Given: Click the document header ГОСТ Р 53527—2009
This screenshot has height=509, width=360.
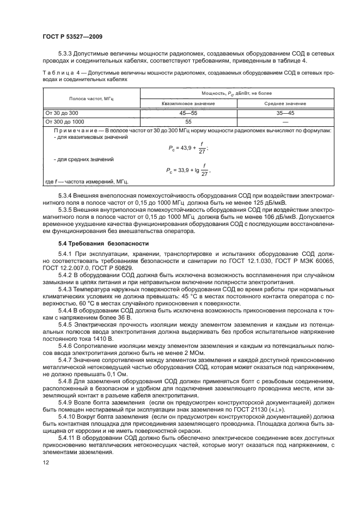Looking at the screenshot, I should (x=72, y=36).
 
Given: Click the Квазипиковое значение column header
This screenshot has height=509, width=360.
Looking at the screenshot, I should (x=188, y=103).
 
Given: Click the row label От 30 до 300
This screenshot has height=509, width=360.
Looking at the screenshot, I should (x=63, y=113).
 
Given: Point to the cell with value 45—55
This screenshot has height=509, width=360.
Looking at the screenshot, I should (x=188, y=113).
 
